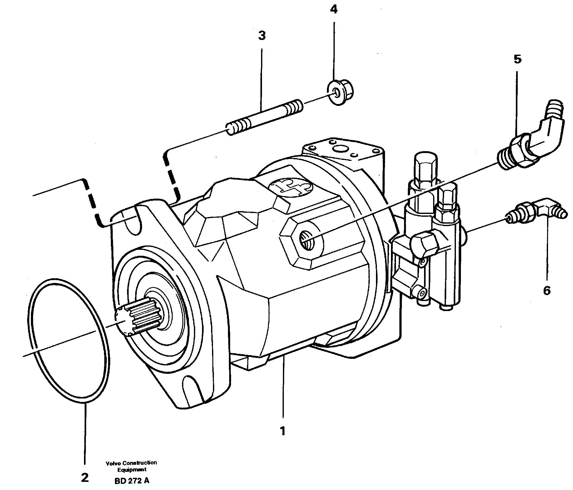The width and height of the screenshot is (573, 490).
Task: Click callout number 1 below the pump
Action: tap(282, 432)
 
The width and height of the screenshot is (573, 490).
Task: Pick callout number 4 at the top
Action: tap(334, 10)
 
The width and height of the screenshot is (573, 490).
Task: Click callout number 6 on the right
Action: tap(546, 291)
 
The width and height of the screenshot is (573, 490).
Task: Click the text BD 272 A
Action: tap(132, 481)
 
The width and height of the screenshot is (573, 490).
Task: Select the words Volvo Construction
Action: tap(131, 463)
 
